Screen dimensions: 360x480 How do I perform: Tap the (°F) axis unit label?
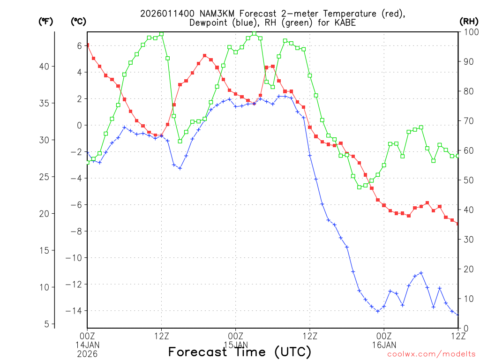45,21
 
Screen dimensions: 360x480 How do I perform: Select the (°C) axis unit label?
78,21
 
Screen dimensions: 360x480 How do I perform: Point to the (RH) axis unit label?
469,21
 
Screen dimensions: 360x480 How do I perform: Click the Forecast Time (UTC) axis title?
240,352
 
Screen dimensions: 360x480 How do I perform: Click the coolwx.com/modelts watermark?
431,354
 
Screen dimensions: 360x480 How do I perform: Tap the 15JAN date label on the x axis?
235,345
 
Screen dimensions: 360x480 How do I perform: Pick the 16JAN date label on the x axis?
384,345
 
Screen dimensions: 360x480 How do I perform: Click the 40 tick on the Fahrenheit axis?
45,66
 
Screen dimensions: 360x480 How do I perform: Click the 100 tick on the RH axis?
469,32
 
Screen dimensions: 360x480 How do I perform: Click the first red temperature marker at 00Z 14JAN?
87,45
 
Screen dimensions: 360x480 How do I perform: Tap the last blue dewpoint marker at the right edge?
458,315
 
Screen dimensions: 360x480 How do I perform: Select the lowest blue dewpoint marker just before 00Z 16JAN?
378,311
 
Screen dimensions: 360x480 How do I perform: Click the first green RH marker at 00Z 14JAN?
87,162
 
